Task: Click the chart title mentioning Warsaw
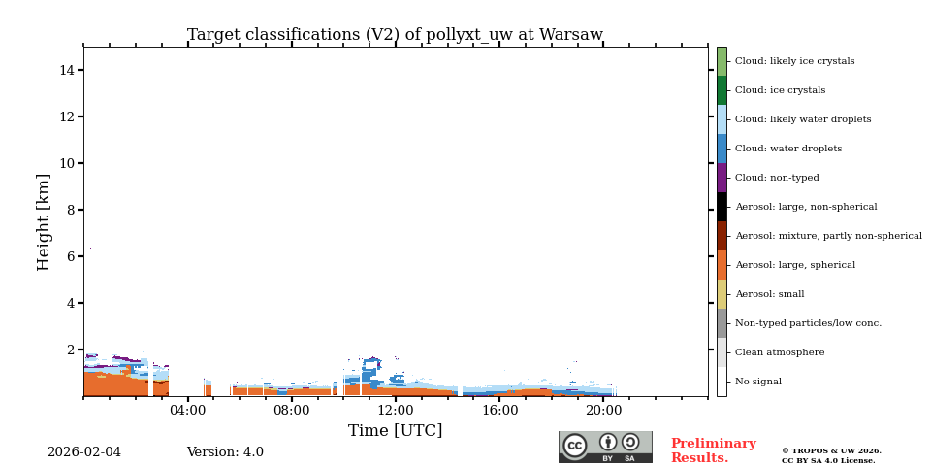click(x=395, y=35)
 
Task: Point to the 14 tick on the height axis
click(x=67, y=70)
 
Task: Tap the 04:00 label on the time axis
click(x=187, y=411)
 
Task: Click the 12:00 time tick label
click(x=396, y=411)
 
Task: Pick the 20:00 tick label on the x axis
click(x=603, y=411)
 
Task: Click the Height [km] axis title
click(x=45, y=221)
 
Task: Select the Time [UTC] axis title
click(x=395, y=431)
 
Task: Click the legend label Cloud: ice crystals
click(x=780, y=90)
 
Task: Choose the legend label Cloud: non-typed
click(x=777, y=178)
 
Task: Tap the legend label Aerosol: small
click(x=769, y=294)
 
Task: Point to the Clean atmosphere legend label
click(x=780, y=352)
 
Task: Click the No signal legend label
click(x=757, y=382)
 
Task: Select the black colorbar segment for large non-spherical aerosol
click(x=722, y=207)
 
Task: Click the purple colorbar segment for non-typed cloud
click(x=722, y=178)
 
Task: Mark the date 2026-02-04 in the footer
click(x=84, y=452)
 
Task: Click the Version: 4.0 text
click(x=225, y=452)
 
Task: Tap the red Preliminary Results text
click(x=713, y=450)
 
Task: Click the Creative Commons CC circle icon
click(x=575, y=446)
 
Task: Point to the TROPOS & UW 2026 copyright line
click(x=831, y=450)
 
